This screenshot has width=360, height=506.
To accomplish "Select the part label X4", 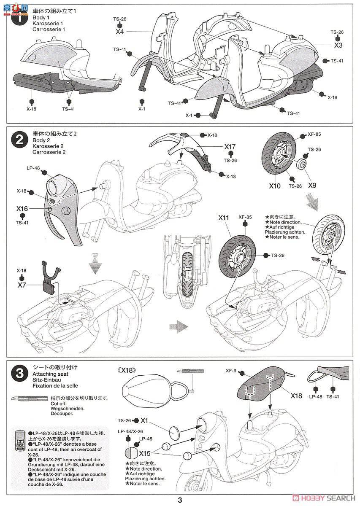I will click(x=120, y=31).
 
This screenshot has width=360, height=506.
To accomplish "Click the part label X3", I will click(x=338, y=45).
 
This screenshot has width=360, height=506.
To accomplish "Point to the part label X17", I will click(x=230, y=147).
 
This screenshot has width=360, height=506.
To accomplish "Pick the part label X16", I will click(x=22, y=208).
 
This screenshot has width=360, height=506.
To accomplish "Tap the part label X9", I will click(x=312, y=184).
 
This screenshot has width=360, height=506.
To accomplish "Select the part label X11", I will click(x=224, y=218).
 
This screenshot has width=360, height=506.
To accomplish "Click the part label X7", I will click(x=22, y=285).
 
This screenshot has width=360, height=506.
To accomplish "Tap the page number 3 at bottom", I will click(x=180, y=501).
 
